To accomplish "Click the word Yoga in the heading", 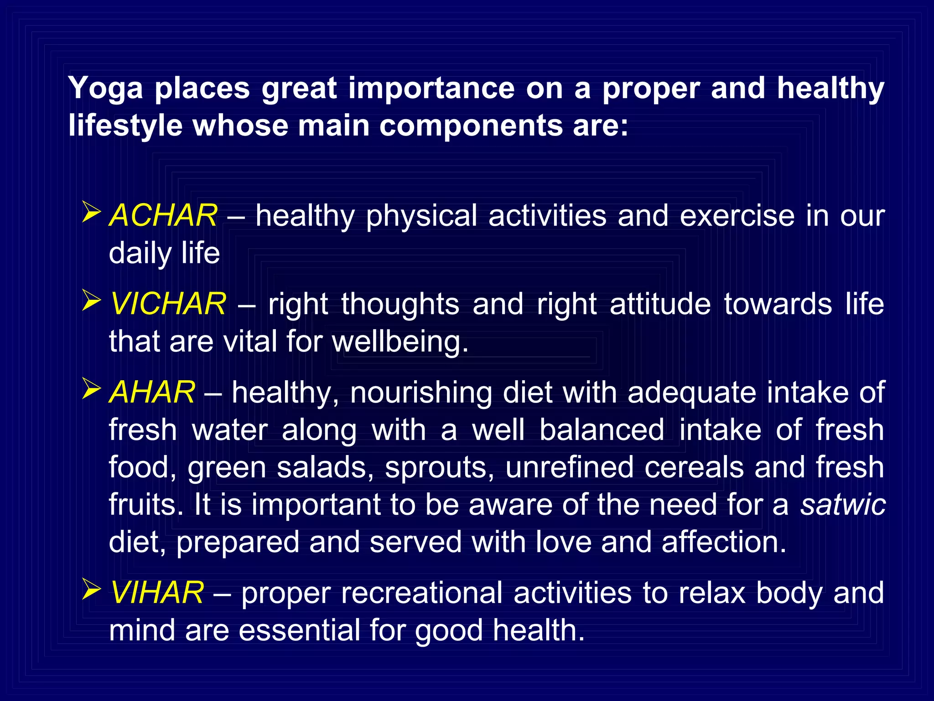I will point(105,89).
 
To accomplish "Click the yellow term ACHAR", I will point(163,215).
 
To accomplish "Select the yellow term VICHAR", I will point(168,304).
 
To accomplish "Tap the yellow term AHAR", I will point(152,392).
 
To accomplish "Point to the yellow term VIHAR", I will point(157,593).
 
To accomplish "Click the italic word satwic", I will point(843,505).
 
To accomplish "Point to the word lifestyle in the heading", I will point(125,126).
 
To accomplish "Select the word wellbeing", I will point(400,342).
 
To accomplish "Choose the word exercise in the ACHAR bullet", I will point(737,215).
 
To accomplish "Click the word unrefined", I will point(569,467).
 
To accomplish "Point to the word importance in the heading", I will point(431,89).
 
